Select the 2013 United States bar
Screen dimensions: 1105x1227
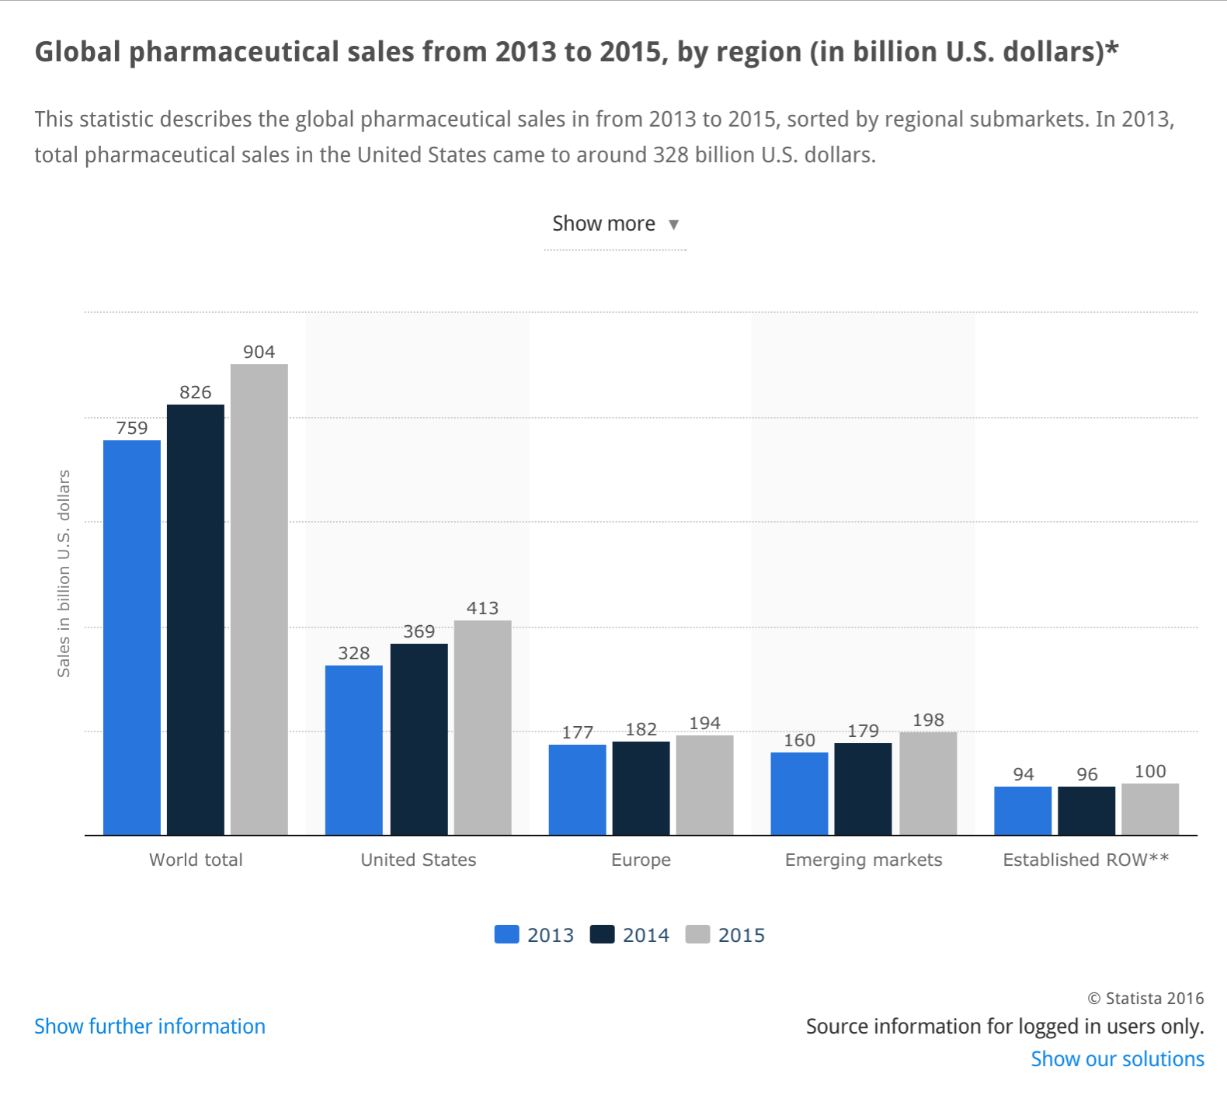354,750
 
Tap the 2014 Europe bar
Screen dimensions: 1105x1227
641,788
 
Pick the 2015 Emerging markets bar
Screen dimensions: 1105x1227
928,784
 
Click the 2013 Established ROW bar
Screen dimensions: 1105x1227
1023,811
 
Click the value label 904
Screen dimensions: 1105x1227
259,352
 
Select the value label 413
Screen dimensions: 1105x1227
482,608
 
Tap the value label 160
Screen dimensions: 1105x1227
799,740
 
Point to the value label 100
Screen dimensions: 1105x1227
1150,771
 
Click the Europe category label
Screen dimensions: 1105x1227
641,860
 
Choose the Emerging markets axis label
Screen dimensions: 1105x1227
864,860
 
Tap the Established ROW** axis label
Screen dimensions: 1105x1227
1086,860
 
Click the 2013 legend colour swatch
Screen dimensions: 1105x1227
506,934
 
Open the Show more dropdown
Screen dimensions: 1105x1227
615,224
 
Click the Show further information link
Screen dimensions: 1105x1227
150,1027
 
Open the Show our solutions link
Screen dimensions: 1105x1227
1117,1059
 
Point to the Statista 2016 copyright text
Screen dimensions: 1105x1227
1145,999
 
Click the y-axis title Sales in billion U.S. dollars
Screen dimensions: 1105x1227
64,573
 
